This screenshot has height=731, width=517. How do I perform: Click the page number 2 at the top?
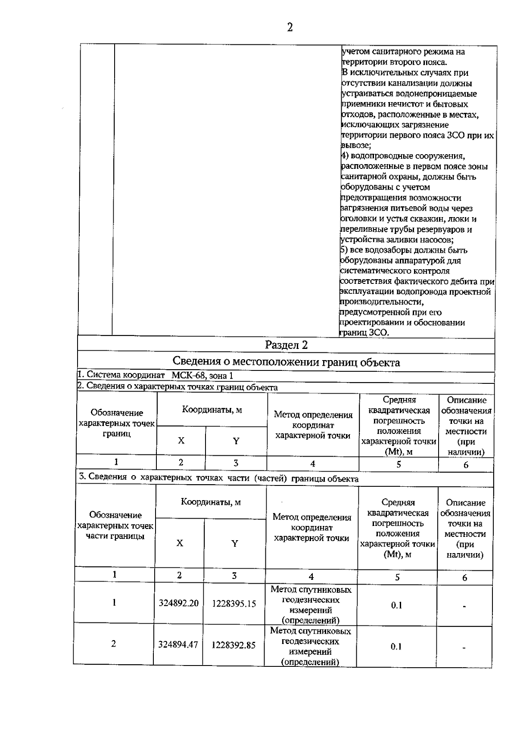(290, 28)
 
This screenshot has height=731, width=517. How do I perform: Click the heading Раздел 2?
(287, 345)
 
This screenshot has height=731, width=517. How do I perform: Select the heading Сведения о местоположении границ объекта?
(286, 362)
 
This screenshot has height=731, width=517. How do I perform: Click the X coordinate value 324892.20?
(178, 603)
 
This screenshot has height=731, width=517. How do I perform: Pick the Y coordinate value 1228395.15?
(234, 604)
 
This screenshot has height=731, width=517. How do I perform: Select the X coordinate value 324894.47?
(178, 645)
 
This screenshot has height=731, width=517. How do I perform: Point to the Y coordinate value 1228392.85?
(234, 645)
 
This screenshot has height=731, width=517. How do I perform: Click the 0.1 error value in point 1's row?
(396, 605)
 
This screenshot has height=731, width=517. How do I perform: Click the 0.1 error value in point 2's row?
(396, 647)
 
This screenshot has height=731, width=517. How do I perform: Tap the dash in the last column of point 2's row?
(464, 647)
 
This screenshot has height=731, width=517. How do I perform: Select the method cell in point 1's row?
(311, 605)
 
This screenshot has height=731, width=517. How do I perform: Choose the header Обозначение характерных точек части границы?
(115, 526)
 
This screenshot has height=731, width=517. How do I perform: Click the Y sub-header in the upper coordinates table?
(236, 441)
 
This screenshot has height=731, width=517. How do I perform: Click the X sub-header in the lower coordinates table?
(179, 543)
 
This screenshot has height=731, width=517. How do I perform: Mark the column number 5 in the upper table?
(399, 464)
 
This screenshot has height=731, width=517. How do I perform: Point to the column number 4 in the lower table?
(311, 577)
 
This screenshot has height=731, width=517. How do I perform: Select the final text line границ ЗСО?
(364, 333)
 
